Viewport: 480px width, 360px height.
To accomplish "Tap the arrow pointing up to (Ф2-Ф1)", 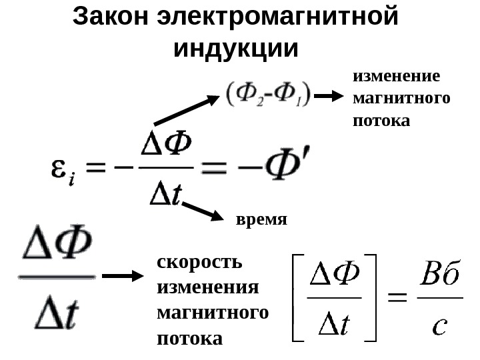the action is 186,111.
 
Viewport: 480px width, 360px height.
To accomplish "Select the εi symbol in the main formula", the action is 63,170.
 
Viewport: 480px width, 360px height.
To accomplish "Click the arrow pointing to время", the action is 202,209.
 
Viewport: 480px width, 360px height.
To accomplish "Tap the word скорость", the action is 199,261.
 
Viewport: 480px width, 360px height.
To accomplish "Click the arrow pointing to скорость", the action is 123,276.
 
